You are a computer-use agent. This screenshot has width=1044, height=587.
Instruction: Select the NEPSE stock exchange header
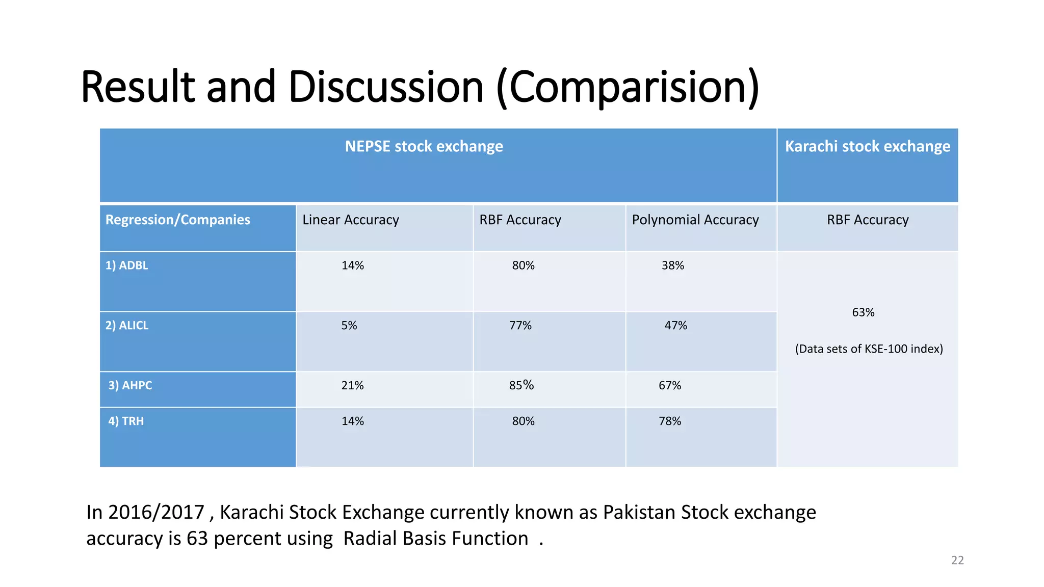coord(424,147)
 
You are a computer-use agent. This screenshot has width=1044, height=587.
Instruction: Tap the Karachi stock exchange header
coord(867,147)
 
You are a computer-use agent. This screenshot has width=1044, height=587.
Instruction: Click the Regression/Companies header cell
coord(177,220)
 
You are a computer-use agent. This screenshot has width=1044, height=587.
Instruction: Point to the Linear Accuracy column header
coord(350,220)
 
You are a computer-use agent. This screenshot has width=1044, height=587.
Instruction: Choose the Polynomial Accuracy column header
coord(695,220)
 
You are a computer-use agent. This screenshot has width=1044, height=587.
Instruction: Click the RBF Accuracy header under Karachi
coord(867,220)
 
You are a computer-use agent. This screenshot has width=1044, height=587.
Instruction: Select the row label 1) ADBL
coord(126,265)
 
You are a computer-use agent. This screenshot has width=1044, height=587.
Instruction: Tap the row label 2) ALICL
coord(126,326)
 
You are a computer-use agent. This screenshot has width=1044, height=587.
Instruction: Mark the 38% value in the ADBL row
coord(672,265)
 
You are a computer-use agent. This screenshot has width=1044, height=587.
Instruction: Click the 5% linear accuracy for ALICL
coord(349,326)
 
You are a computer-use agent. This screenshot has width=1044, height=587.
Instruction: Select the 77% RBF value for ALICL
coord(520,326)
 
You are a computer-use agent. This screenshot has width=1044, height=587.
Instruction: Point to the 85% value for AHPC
coord(521,385)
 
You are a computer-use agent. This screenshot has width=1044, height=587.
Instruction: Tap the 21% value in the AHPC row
coord(352,386)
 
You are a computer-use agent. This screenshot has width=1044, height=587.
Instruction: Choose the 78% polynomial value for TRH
coord(669,421)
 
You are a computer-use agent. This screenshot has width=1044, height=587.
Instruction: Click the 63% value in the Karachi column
coord(863,312)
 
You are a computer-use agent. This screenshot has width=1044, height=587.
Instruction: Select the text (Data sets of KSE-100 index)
coord(869,349)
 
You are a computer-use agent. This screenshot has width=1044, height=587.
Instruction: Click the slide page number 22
coord(957,561)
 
